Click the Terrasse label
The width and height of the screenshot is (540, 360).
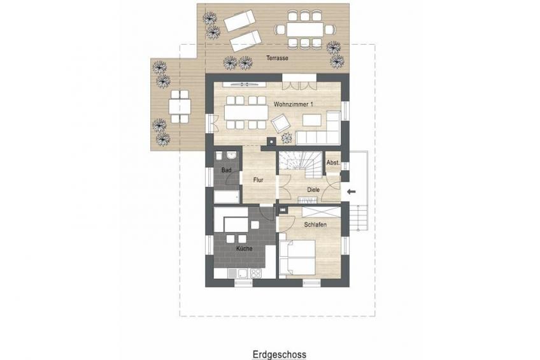point(277,58)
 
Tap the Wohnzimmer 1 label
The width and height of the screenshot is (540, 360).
point(294,104)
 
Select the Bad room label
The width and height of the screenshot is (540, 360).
point(226,170)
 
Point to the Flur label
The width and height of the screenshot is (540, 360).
point(259,180)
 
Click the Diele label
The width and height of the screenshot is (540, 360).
point(313,190)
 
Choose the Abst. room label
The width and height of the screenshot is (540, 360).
point(333,162)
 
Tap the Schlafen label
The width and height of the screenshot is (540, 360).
point(315,225)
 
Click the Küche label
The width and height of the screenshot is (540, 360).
point(244,248)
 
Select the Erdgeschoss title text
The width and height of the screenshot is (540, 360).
point(280,354)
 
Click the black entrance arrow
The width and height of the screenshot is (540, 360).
point(352,192)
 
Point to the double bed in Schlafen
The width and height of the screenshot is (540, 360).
point(297,257)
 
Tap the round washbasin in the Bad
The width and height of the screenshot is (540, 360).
point(232,156)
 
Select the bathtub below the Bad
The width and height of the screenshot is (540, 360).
point(227,198)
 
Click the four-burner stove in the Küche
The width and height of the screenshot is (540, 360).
point(255,273)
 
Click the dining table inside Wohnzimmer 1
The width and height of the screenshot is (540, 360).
point(246,112)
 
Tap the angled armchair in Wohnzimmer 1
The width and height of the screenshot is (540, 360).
point(281,123)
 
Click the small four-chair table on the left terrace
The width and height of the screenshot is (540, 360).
point(180,106)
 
